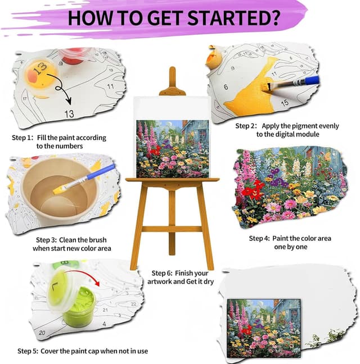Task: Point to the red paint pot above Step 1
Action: [77, 55]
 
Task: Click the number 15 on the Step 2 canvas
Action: [285, 103]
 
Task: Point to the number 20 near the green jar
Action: [42, 333]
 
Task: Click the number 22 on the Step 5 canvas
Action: [133, 303]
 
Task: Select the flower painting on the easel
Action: [173, 148]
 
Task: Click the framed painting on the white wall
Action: [260, 320]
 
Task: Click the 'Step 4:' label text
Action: [262, 239]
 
